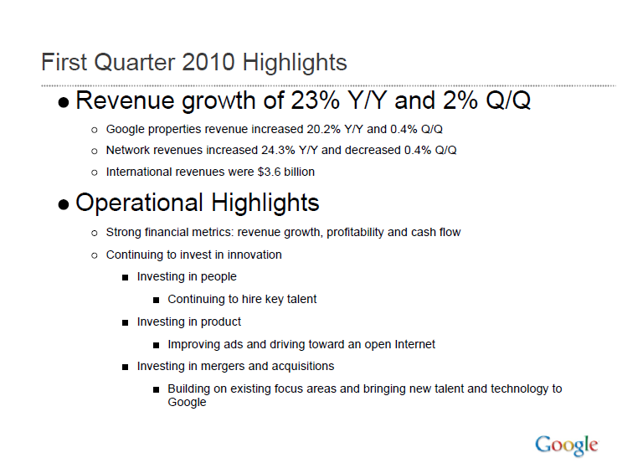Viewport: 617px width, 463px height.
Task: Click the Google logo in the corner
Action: point(567,445)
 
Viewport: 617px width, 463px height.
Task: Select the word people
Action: point(219,276)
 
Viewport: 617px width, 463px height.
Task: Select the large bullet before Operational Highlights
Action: point(64,205)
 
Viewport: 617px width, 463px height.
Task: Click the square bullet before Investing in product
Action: point(126,322)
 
